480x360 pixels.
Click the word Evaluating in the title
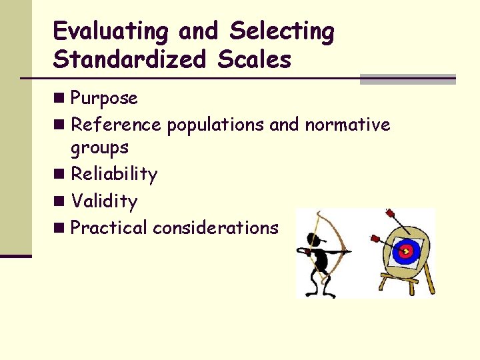(110, 31)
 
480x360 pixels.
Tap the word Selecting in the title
(282, 31)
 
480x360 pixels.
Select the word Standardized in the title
(129, 60)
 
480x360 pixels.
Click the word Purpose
(104, 99)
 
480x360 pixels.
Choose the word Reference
(116, 125)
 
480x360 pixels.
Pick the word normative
(347, 125)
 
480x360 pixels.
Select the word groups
(99, 147)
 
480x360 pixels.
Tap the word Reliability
(114, 174)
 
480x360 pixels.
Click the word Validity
(104, 201)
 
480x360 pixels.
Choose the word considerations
(215, 227)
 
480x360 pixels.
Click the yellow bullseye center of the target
(404, 252)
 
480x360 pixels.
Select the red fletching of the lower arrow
(374, 237)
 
